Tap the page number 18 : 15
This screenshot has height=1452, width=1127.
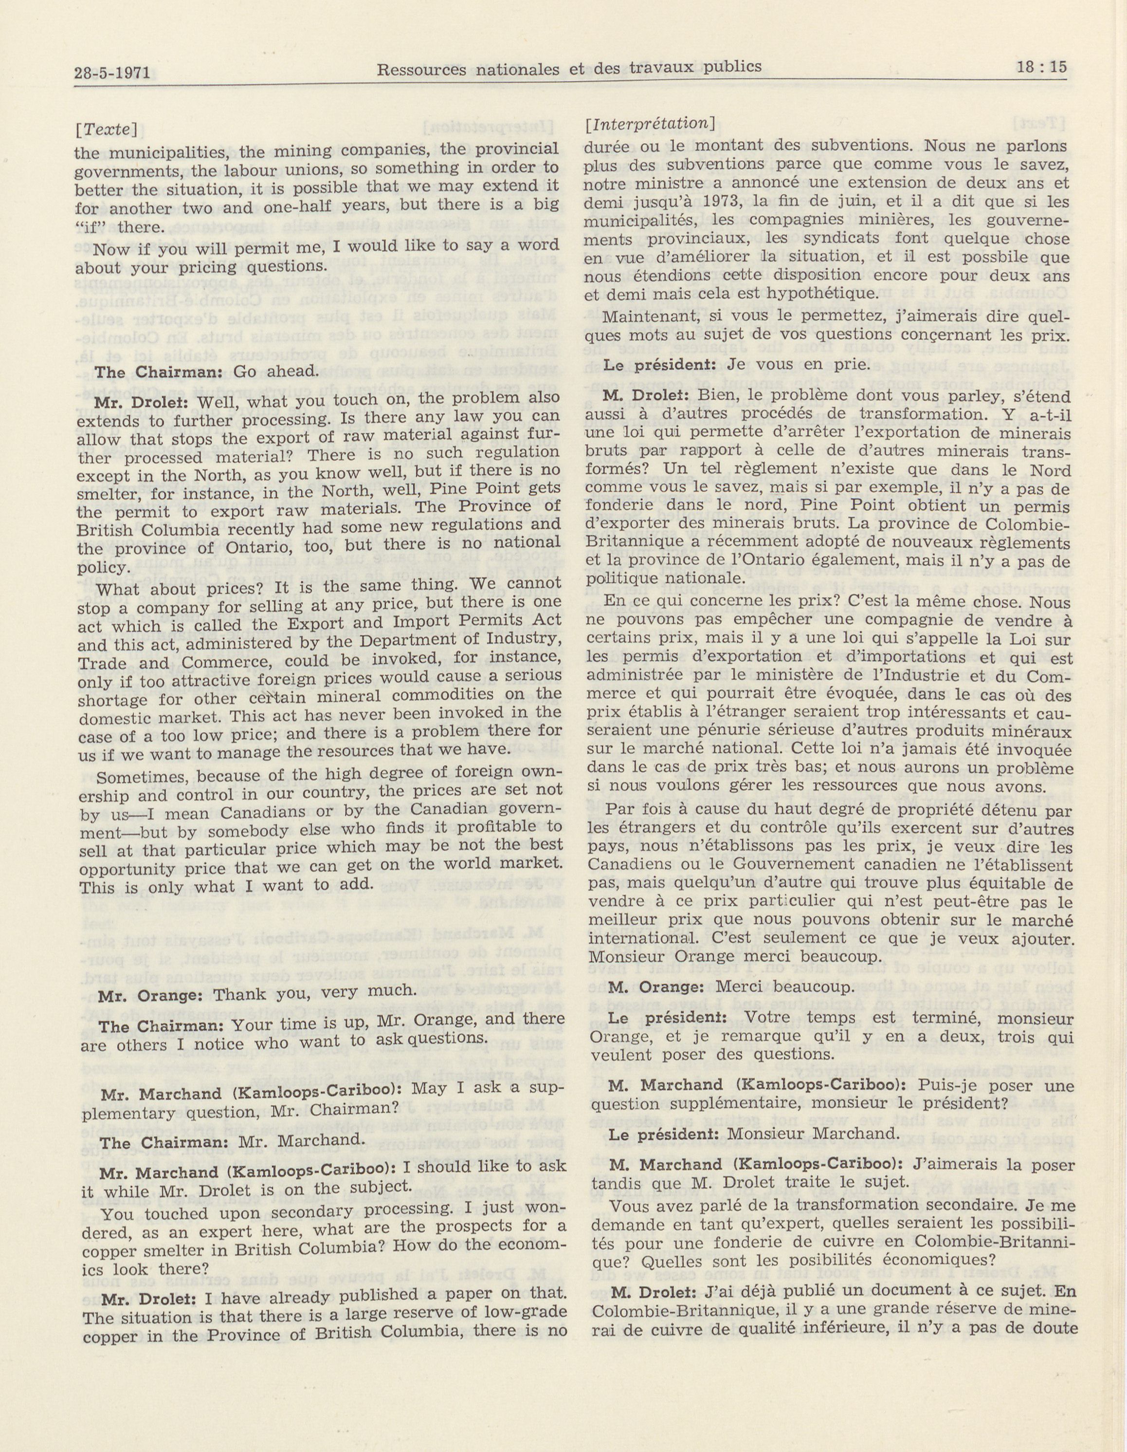[1040, 67]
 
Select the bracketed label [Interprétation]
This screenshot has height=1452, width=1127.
[648, 124]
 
